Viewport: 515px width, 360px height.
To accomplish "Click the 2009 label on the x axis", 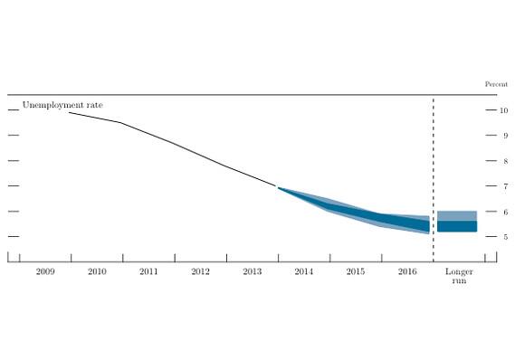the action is pos(45,271).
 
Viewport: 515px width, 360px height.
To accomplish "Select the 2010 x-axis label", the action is pos(97,271).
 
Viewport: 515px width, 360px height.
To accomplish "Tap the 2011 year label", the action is pos(148,271).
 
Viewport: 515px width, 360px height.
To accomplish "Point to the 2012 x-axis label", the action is pos(200,271).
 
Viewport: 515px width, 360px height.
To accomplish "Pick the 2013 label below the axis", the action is pos(253,271).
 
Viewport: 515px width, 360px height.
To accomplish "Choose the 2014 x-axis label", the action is pos(304,271).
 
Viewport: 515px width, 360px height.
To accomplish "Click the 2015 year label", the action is pos(356,271).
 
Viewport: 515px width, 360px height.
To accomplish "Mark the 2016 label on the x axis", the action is pos(407,271).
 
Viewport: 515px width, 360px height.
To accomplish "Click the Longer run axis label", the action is pos(459,276).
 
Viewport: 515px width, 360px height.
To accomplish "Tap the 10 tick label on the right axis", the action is pos(504,110).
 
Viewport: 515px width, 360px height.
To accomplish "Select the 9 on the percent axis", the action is pos(506,136).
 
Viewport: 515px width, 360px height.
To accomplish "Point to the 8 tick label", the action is pos(506,161).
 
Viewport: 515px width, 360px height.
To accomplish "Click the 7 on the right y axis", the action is pos(506,186).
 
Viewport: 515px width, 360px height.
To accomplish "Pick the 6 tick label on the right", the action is pos(506,212).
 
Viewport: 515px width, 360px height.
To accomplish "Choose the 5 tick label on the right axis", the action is pos(506,237).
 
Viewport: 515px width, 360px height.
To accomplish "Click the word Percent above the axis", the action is pos(496,84).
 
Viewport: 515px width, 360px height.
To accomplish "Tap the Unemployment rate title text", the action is pos(62,105).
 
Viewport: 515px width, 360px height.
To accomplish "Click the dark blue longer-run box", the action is pos(457,226).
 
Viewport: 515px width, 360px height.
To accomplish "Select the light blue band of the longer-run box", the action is pos(457,216).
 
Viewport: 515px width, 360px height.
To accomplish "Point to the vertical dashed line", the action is pos(434,180).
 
